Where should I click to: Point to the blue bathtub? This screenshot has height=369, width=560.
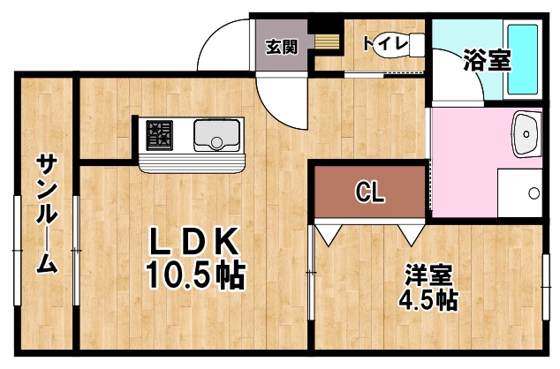[x=525, y=59]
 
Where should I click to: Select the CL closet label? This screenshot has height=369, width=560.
[x=369, y=192]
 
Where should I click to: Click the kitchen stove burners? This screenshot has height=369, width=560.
[x=162, y=135]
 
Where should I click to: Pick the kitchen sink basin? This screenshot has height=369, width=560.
[x=213, y=136]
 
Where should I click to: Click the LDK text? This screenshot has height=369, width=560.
[x=193, y=242]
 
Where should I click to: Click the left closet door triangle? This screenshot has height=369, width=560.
[x=328, y=234]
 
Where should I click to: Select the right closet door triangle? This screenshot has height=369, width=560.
[x=410, y=234]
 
